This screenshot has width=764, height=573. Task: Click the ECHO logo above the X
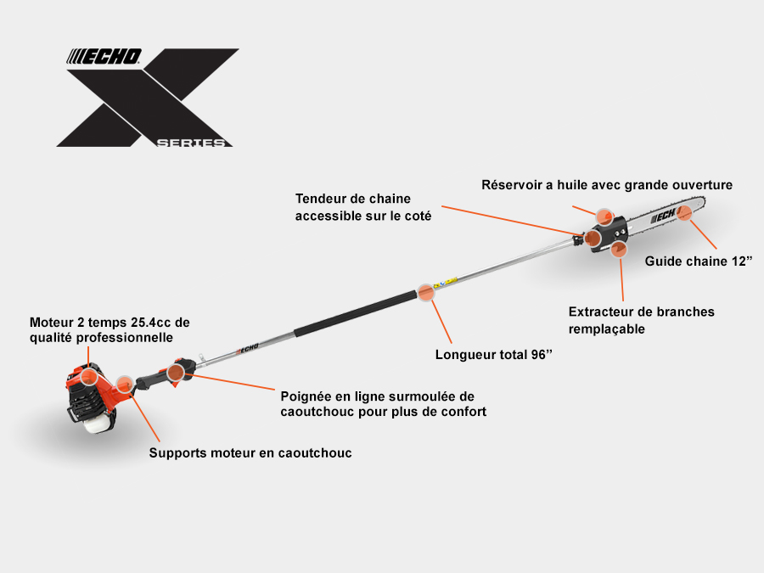pyautogui.click(x=104, y=57)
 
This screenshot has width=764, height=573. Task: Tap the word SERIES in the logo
pyautogui.click(x=191, y=143)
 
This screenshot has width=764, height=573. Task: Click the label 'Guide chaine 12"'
pyautogui.click(x=699, y=261)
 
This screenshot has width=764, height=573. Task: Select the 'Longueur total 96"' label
pyautogui.click(x=493, y=354)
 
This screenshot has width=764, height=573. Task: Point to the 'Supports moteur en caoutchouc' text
pyautogui.click(x=250, y=453)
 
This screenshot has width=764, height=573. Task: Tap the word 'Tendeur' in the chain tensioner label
pyautogui.click(x=321, y=199)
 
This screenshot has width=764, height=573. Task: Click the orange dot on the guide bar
pyautogui.click(x=684, y=212)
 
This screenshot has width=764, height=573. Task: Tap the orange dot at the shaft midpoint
pyautogui.click(x=426, y=293)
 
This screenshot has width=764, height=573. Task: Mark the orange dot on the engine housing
pyautogui.click(x=88, y=377)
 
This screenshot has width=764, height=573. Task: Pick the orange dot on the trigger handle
pyautogui.click(x=176, y=373)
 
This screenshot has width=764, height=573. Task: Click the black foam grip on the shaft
pyautogui.click(x=356, y=312)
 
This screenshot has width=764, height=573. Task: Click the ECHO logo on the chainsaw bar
pyautogui.click(x=663, y=215)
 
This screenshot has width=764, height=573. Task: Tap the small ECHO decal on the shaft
pyautogui.click(x=248, y=348)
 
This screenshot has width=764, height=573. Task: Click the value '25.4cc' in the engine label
pyautogui.click(x=151, y=323)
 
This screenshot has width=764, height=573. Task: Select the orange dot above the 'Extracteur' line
pyautogui.click(x=619, y=249)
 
